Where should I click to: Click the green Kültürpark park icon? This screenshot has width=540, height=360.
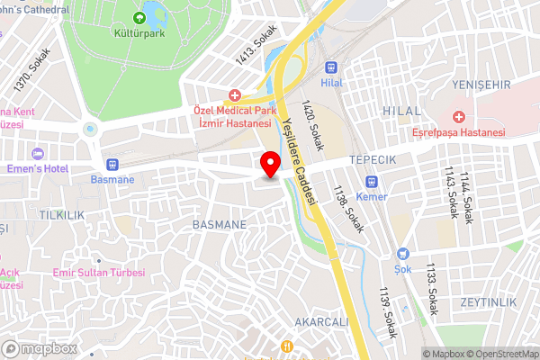pos(139,18)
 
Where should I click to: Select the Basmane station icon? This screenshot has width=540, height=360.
pos(112,164)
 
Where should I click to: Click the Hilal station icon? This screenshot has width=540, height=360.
pos(333,66)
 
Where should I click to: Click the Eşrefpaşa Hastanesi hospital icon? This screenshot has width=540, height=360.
pos(458,117)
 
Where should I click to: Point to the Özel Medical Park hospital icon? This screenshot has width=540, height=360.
pos(235,94)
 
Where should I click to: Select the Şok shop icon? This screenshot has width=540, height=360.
pos(403,254)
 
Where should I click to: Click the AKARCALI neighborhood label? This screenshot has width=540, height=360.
pos(320,322)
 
